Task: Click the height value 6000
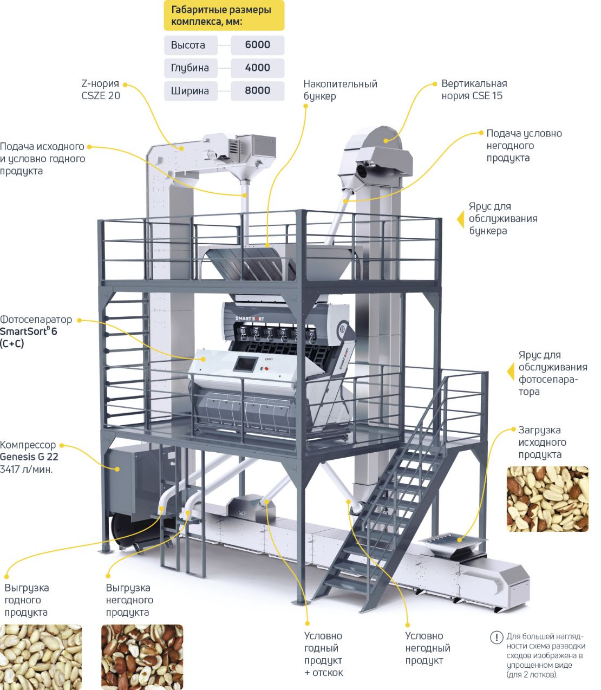click(x=257, y=45)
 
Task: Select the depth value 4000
click(x=257, y=68)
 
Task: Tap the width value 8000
click(x=257, y=90)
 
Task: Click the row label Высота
click(x=188, y=45)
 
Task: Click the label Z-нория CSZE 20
click(x=101, y=90)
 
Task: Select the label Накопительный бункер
click(x=340, y=90)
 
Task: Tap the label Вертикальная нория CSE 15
click(x=474, y=90)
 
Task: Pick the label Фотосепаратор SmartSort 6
click(x=36, y=331)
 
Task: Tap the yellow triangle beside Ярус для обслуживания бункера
click(x=461, y=219)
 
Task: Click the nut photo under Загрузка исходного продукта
click(x=547, y=498)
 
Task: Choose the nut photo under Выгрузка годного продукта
click(x=41, y=656)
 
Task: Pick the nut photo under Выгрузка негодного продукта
click(x=142, y=656)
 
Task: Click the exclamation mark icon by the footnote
click(x=496, y=637)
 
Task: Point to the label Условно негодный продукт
click(x=428, y=648)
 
